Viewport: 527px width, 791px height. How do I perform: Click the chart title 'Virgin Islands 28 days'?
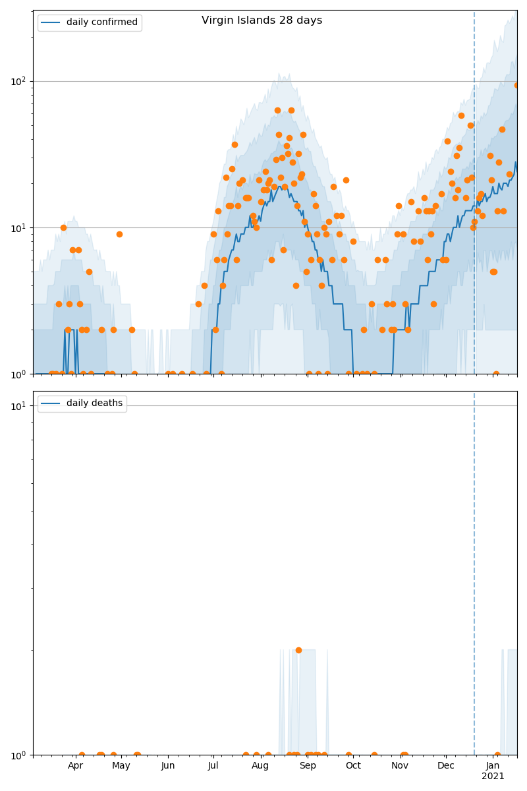(262, 20)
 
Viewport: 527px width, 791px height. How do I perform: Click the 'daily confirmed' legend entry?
(101, 22)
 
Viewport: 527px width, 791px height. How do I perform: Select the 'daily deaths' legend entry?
(94, 403)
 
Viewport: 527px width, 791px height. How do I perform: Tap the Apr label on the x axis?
(75, 766)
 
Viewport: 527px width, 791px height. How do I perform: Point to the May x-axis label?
(121, 766)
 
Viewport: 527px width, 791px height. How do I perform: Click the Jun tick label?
(168, 766)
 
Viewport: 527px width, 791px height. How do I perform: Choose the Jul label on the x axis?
(213, 766)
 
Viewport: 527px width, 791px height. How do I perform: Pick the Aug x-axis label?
(260, 766)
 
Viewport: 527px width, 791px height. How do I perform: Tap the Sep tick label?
(308, 766)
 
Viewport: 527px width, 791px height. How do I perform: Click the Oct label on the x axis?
(353, 766)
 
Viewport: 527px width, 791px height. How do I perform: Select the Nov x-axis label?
(400, 766)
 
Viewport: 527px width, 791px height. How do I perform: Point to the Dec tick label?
(446, 766)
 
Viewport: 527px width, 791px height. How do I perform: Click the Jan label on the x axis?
(493, 766)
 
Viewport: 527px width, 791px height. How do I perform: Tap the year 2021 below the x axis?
(493, 776)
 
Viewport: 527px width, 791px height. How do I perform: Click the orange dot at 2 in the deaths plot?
(298, 650)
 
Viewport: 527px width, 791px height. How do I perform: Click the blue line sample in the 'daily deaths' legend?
(51, 403)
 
